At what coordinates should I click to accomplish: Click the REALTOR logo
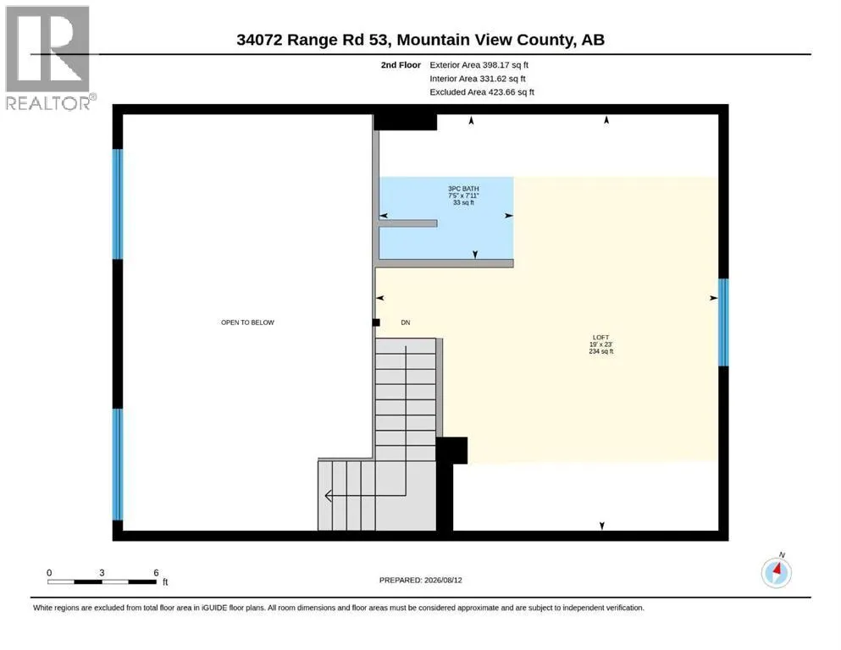pos(49,58)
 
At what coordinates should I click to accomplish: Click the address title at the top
pos(420,40)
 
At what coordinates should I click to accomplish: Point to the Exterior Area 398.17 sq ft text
pos(479,65)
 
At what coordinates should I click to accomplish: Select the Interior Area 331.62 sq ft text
pos(478,78)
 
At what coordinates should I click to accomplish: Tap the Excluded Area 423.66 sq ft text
pos(482,91)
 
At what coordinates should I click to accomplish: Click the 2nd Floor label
pos(401,65)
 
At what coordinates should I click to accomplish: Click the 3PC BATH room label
pos(463,189)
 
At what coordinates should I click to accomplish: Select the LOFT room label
pos(600,338)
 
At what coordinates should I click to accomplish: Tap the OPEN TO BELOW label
pos(248,322)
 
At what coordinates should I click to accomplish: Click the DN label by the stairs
pos(406,322)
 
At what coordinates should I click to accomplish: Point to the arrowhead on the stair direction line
pos(329,496)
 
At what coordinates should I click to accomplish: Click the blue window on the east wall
pos(723,322)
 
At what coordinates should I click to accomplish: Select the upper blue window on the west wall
pos(118,204)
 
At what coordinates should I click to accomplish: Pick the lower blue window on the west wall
pos(118,464)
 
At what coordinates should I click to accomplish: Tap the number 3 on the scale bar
pos(102,573)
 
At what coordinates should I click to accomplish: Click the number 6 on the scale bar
pos(156,573)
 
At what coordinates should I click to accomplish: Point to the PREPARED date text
pos(420,580)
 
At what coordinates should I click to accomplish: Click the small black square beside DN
pos(376,322)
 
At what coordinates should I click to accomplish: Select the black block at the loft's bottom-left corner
pos(451,450)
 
